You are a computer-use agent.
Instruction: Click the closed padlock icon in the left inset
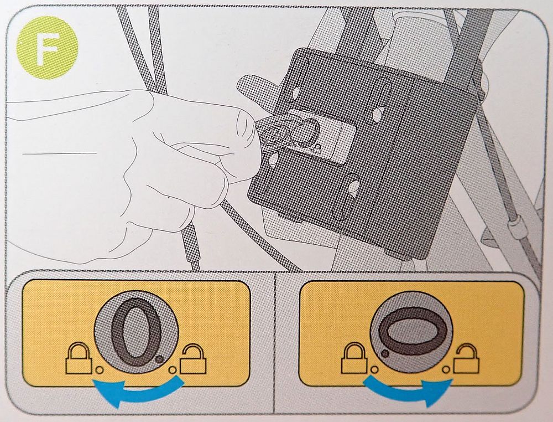click(79, 359)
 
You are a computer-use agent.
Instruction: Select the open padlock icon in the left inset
click(193, 359)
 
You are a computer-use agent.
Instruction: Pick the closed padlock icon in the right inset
click(355, 358)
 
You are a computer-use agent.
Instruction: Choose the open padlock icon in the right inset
click(466, 358)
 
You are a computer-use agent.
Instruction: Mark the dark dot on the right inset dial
click(386, 353)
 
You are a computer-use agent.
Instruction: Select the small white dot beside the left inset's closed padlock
click(100, 370)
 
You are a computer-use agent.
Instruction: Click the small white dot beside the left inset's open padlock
click(173, 370)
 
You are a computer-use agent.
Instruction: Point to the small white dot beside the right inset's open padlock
click(446, 369)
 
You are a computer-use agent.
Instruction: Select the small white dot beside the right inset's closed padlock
click(374, 369)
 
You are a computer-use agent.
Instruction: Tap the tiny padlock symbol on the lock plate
click(317, 148)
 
